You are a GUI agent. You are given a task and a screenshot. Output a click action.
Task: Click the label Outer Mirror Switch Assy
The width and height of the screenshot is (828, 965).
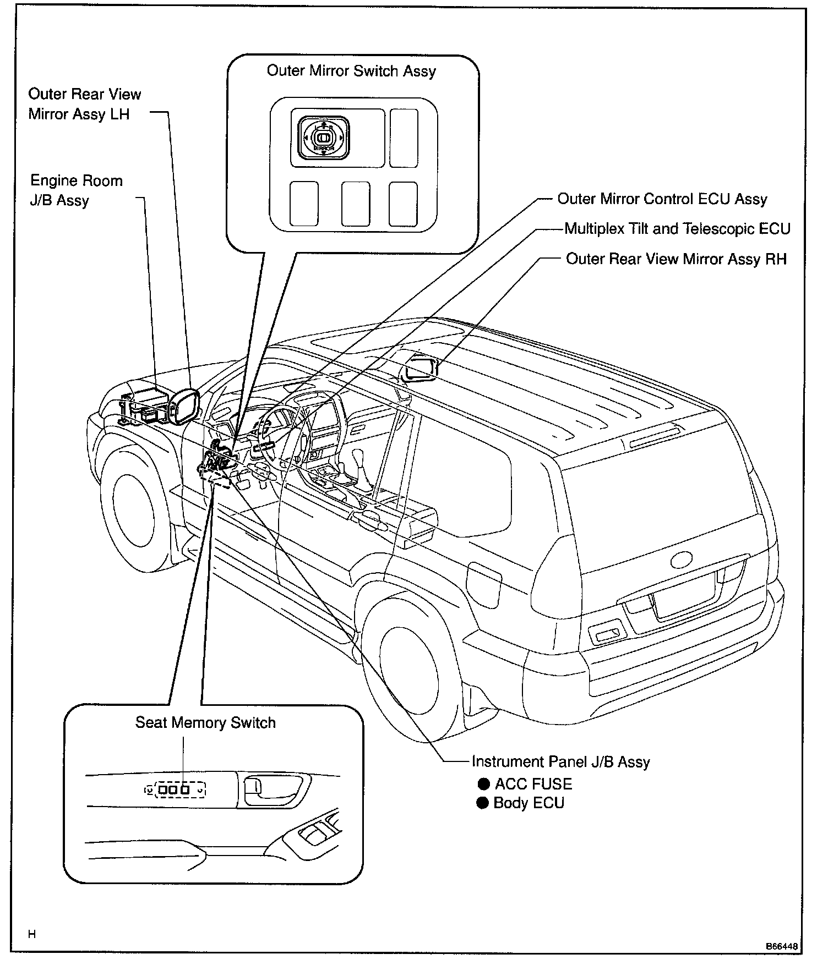click(351, 71)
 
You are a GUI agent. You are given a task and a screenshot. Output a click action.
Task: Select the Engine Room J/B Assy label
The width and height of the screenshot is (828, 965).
click(76, 190)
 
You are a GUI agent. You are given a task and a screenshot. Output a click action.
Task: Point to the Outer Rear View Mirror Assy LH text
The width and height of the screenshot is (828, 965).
click(84, 104)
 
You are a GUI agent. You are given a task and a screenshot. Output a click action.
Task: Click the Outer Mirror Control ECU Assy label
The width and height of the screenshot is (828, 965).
click(662, 199)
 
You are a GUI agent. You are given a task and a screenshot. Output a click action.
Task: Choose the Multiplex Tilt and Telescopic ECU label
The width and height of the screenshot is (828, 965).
click(677, 228)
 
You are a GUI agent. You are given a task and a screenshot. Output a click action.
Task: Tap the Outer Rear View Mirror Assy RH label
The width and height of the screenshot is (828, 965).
click(676, 259)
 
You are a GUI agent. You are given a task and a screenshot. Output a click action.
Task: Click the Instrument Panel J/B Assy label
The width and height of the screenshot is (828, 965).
click(560, 761)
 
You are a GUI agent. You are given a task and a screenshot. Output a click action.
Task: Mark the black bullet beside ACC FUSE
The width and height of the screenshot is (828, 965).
click(483, 784)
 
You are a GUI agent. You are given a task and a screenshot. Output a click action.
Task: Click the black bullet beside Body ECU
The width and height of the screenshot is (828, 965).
click(483, 803)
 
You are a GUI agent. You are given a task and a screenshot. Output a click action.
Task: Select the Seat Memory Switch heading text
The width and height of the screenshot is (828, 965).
click(205, 722)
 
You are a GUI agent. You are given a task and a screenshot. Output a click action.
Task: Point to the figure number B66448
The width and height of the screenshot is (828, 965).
click(781, 946)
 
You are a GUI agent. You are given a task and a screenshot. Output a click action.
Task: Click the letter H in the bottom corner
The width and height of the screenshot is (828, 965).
click(32, 934)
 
